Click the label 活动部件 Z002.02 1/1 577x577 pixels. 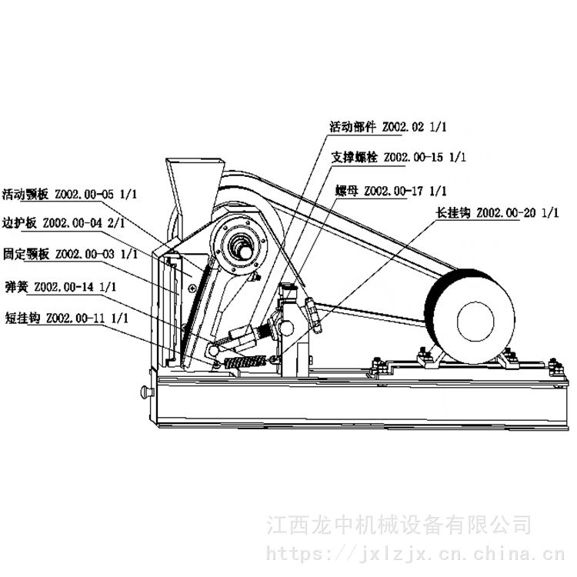click(x=388, y=127)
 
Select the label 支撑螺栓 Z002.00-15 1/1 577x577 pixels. click(x=399, y=158)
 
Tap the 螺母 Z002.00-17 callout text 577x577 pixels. click(x=391, y=191)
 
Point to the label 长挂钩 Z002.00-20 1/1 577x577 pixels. click(x=497, y=212)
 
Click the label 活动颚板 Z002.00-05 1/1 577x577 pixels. click(x=69, y=195)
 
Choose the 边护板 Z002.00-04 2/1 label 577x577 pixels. click(x=63, y=223)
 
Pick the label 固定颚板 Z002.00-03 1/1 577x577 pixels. click(x=70, y=255)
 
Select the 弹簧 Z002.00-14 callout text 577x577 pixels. click(x=61, y=287)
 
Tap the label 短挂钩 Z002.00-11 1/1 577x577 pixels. click(x=67, y=318)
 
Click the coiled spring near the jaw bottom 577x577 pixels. click(x=245, y=362)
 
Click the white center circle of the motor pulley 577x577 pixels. click(x=475, y=321)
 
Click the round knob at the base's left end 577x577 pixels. click(x=146, y=392)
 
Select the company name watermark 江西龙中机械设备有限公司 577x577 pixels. click(x=399, y=525)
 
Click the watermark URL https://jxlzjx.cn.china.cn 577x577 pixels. click(x=415, y=553)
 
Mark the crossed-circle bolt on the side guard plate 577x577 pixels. click(x=192, y=288)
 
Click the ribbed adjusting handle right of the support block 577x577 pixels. click(x=312, y=315)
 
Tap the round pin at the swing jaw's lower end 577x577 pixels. click(x=213, y=350)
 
